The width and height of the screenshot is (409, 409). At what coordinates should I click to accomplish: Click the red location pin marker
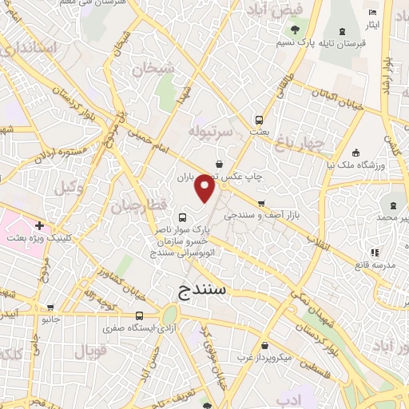206,188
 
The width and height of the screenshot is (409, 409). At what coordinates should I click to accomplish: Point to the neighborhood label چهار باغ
301,143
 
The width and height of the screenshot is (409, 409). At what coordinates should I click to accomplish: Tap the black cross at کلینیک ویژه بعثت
39,226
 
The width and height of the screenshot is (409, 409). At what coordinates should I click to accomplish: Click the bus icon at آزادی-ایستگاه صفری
140,316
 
